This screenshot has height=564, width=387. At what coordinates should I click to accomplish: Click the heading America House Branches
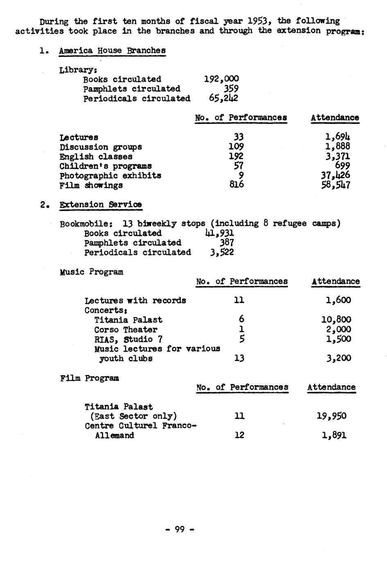pos(112,51)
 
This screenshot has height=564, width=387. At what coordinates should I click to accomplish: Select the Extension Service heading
pos(101,204)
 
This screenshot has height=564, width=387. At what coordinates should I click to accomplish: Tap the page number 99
pos(180,529)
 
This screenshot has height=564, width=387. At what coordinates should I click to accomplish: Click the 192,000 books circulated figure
pos(221,79)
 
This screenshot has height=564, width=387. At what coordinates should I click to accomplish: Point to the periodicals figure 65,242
pos(223,98)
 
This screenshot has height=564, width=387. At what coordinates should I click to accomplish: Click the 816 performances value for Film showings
pos(236,184)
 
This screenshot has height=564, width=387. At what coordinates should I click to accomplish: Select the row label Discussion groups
pos(101,147)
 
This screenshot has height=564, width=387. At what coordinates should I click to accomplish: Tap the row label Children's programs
pos(106,166)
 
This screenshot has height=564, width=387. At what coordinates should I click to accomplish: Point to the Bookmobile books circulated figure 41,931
pos(220,233)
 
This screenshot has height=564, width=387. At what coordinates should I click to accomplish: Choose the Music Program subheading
pos(91,272)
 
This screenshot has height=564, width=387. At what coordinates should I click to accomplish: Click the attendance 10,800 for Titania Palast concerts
pos(336,320)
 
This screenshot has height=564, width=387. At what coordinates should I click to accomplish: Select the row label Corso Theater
pos(126,330)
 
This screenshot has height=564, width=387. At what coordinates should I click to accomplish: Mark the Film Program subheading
pos(90,378)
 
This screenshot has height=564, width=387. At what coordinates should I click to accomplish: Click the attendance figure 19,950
pos(331,416)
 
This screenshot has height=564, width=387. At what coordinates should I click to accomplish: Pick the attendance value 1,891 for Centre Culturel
pos(334,435)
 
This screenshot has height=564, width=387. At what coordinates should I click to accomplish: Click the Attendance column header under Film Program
pos(331,387)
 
